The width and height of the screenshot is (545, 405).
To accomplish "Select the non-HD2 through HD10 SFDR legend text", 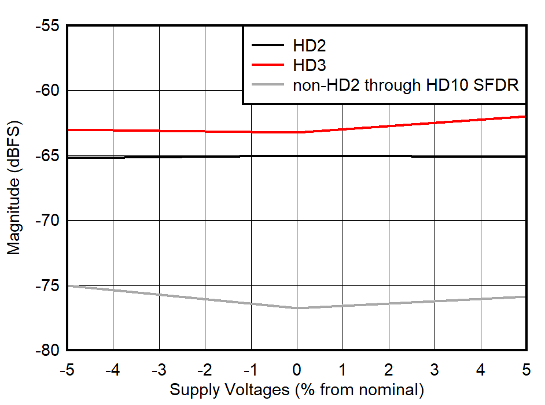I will [406, 86].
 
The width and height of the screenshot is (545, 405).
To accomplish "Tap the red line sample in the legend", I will [267, 65].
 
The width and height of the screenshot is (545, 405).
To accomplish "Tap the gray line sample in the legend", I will [267, 86].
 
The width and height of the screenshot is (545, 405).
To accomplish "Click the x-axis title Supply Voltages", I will [296, 390].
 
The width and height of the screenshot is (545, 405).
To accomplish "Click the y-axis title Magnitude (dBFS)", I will [14, 188].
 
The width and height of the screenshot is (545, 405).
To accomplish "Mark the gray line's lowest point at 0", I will [297, 308].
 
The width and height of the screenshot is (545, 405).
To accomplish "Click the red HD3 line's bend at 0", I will [297, 132].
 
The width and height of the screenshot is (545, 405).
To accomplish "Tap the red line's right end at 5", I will [526, 117].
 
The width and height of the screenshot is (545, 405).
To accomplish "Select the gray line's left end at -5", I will [68, 285].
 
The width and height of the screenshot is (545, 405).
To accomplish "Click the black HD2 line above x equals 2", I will [389, 156].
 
